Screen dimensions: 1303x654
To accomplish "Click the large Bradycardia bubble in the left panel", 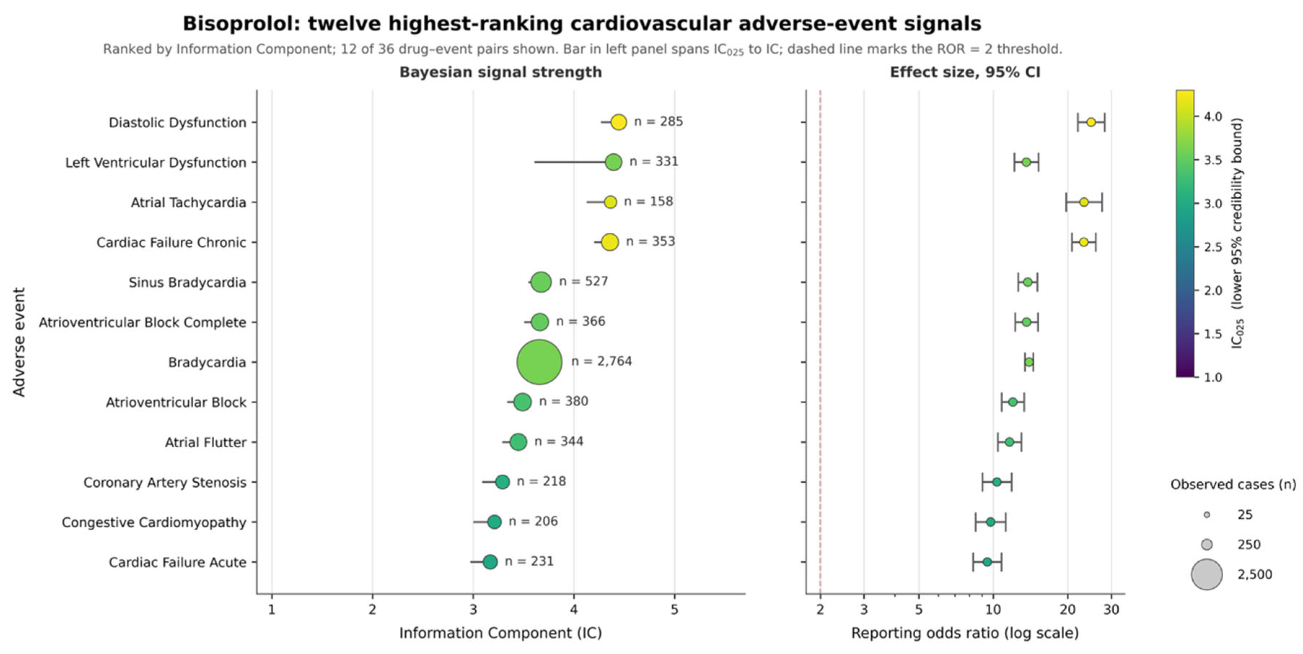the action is pyautogui.click(x=539, y=362).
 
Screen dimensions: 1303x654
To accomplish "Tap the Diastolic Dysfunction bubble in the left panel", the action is pyautogui.click(x=619, y=122).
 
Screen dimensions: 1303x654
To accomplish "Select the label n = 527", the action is pyautogui.click(x=583, y=281).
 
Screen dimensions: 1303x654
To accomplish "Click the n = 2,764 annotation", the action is pyautogui.click(x=602, y=361).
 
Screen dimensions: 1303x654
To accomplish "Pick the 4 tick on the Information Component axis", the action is pyautogui.click(x=574, y=610).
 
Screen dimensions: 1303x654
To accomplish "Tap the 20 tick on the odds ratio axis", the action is pyautogui.click(x=1067, y=610).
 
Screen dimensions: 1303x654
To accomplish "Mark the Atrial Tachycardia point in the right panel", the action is pyautogui.click(x=1083, y=202).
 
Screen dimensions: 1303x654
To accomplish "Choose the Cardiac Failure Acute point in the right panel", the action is pyautogui.click(x=987, y=562).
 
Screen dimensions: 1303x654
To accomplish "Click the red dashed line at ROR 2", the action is pyautogui.click(x=820, y=342).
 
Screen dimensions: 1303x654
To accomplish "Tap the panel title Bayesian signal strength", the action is pyautogui.click(x=501, y=73).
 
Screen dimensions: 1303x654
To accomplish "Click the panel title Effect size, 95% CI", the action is pyautogui.click(x=965, y=73).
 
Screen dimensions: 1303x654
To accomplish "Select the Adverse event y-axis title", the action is pyautogui.click(x=19, y=342).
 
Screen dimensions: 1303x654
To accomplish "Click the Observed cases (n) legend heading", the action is pyautogui.click(x=1233, y=484).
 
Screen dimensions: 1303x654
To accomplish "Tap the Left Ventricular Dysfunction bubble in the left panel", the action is pyautogui.click(x=613, y=162).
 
